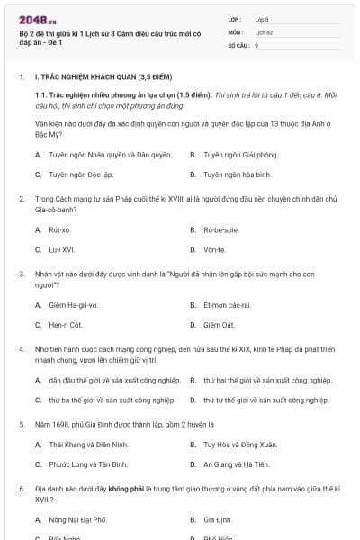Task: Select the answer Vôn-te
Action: pyautogui.click(x=214, y=249)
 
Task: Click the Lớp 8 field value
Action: pyautogui.click(x=262, y=18)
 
